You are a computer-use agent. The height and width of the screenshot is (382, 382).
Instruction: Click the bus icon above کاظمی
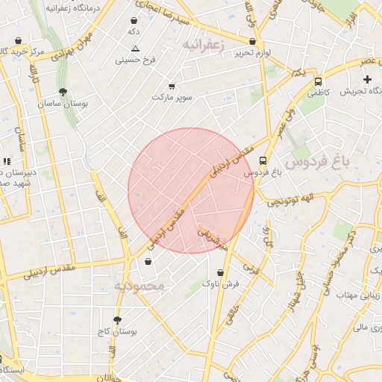tap(319, 82)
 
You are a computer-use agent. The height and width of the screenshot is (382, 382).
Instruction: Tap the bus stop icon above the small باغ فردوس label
tap(263, 160)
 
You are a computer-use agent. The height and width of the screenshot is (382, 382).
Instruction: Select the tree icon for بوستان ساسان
tap(62, 93)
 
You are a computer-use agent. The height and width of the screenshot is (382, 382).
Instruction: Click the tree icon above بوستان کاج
tap(117, 319)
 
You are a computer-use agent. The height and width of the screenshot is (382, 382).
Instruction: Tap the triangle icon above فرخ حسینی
tap(135, 48)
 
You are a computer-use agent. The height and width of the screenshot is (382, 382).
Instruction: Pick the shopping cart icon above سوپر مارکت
tap(172, 86)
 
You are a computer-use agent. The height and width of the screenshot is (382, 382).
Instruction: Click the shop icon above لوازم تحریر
tap(252, 42)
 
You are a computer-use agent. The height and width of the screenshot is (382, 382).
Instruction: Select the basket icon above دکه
tap(134, 21)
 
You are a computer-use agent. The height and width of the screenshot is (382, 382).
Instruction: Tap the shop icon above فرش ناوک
tap(220, 272)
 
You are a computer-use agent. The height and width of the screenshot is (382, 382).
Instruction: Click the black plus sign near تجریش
tap(367, 79)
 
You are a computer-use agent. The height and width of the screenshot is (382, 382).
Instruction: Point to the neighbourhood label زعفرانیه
tap(202, 46)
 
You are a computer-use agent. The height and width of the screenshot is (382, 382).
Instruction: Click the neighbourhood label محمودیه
tap(137, 286)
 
